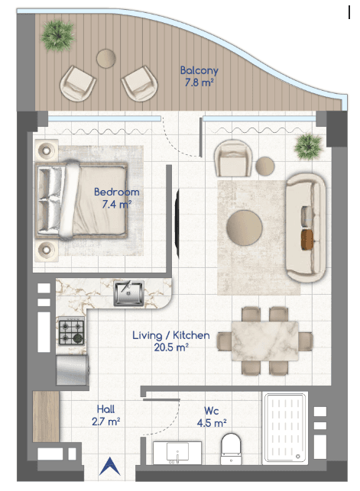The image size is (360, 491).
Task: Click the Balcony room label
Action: coord(199,70)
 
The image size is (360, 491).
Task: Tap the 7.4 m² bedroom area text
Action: coord(116,204)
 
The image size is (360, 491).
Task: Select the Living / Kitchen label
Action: coord(170,335)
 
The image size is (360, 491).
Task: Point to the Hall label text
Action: coord(105,409)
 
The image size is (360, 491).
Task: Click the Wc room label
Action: coord(212,411)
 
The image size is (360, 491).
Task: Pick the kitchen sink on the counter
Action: coord(128,293)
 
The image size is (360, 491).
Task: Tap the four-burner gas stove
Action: coord(71,331)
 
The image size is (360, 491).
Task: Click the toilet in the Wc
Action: coord(232,449)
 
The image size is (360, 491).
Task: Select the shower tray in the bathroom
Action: coord(285,428)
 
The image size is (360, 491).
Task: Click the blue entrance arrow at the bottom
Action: coord(110,467)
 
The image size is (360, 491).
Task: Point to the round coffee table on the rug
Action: coord(244,228)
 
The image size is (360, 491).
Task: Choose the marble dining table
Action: coord(265,341)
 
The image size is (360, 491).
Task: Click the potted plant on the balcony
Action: coord(57,35)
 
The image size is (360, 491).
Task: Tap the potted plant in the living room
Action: coord(309,147)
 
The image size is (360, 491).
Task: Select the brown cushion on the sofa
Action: coord(307,240)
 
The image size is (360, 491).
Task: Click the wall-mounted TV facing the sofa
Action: coord(177,224)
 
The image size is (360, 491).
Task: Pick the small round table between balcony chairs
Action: coord(106,59)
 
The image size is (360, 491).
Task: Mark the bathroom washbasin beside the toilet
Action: coord(177,453)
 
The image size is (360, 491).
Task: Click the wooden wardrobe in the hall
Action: coord(46,416)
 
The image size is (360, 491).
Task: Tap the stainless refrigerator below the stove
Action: coord(73,370)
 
